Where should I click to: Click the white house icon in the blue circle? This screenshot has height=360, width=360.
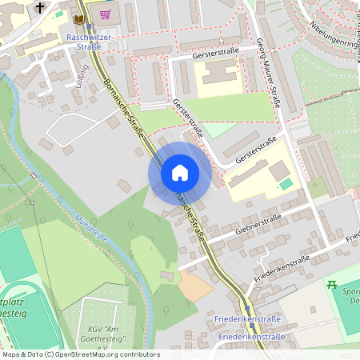[x=179, y=173]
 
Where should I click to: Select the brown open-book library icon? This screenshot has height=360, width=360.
[x=78, y=18]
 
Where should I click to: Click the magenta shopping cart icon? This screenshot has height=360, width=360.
[x=106, y=14]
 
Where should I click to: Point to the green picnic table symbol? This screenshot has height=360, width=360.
[x=331, y=284]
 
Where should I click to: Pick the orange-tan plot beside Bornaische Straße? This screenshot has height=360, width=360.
[x=195, y=284]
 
